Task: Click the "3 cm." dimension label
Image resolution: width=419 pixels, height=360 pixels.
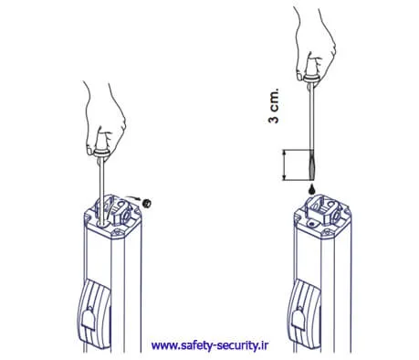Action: click(274, 106)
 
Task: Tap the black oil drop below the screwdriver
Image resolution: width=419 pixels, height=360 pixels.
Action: click(311, 189)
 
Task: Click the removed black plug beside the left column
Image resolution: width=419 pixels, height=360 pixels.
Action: click(147, 203)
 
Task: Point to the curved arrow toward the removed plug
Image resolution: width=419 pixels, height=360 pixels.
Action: click(133, 198)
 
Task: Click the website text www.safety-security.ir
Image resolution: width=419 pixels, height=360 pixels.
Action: click(210, 345)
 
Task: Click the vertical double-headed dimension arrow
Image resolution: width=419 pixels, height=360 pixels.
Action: click(285, 164)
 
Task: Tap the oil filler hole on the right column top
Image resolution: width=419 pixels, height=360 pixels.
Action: click(311, 224)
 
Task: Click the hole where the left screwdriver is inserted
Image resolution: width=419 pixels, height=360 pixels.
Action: click(102, 224)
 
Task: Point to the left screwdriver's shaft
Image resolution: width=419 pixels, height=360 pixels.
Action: click(102, 190)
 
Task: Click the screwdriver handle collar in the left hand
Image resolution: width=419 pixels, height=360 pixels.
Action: click(101, 153)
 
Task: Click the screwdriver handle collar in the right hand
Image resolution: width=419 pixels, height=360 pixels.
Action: click(312, 79)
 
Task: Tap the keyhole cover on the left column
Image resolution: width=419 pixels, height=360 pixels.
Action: click(89, 319)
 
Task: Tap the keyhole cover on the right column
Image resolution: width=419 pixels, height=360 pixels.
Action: click(299, 319)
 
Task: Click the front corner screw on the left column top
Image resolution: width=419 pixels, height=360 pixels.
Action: click(117, 234)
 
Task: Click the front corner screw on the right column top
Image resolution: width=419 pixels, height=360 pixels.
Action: click(327, 234)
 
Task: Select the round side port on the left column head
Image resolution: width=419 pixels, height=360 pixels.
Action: click(126, 216)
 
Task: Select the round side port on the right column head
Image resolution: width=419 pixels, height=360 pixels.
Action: click(336, 216)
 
